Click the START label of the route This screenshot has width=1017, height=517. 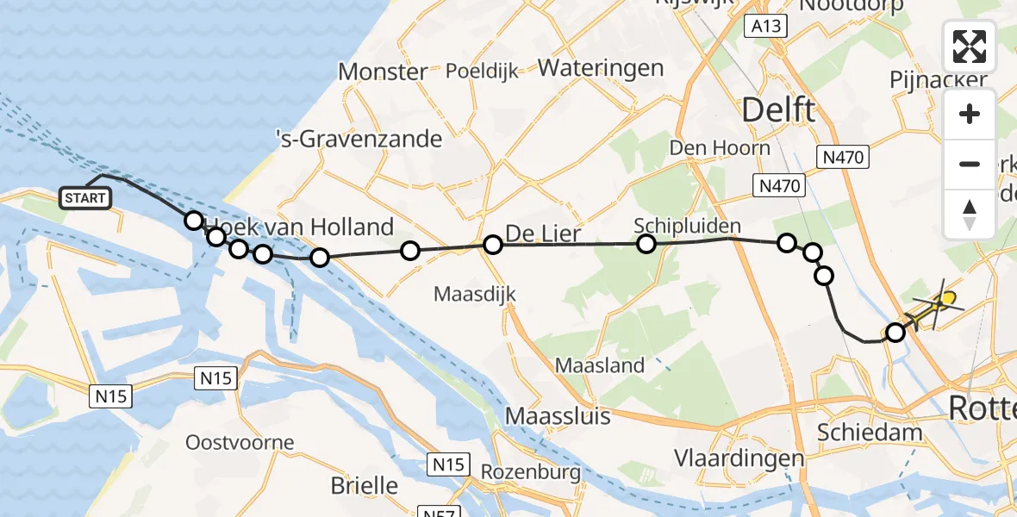[x=85, y=198]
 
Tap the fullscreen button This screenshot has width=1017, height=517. [x=970, y=47]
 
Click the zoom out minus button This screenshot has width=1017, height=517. [x=970, y=164]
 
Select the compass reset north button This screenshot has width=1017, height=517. [x=970, y=214]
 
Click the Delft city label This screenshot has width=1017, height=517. [x=777, y=110]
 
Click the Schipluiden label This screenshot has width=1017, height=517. [x=687, y=226]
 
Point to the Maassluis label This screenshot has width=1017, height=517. [x=558, y=416]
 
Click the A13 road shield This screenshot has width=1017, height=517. [x=765, y=27]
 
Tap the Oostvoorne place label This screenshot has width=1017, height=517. [x=240, y=443]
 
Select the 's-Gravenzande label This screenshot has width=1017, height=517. [x=358, y=138]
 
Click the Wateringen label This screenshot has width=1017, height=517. [x=601, y=68]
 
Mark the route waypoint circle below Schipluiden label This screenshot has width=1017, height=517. [x=646, y=244]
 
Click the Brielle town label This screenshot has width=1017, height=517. [x=365, y=485]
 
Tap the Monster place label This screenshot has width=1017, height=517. [x=383, y=72]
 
